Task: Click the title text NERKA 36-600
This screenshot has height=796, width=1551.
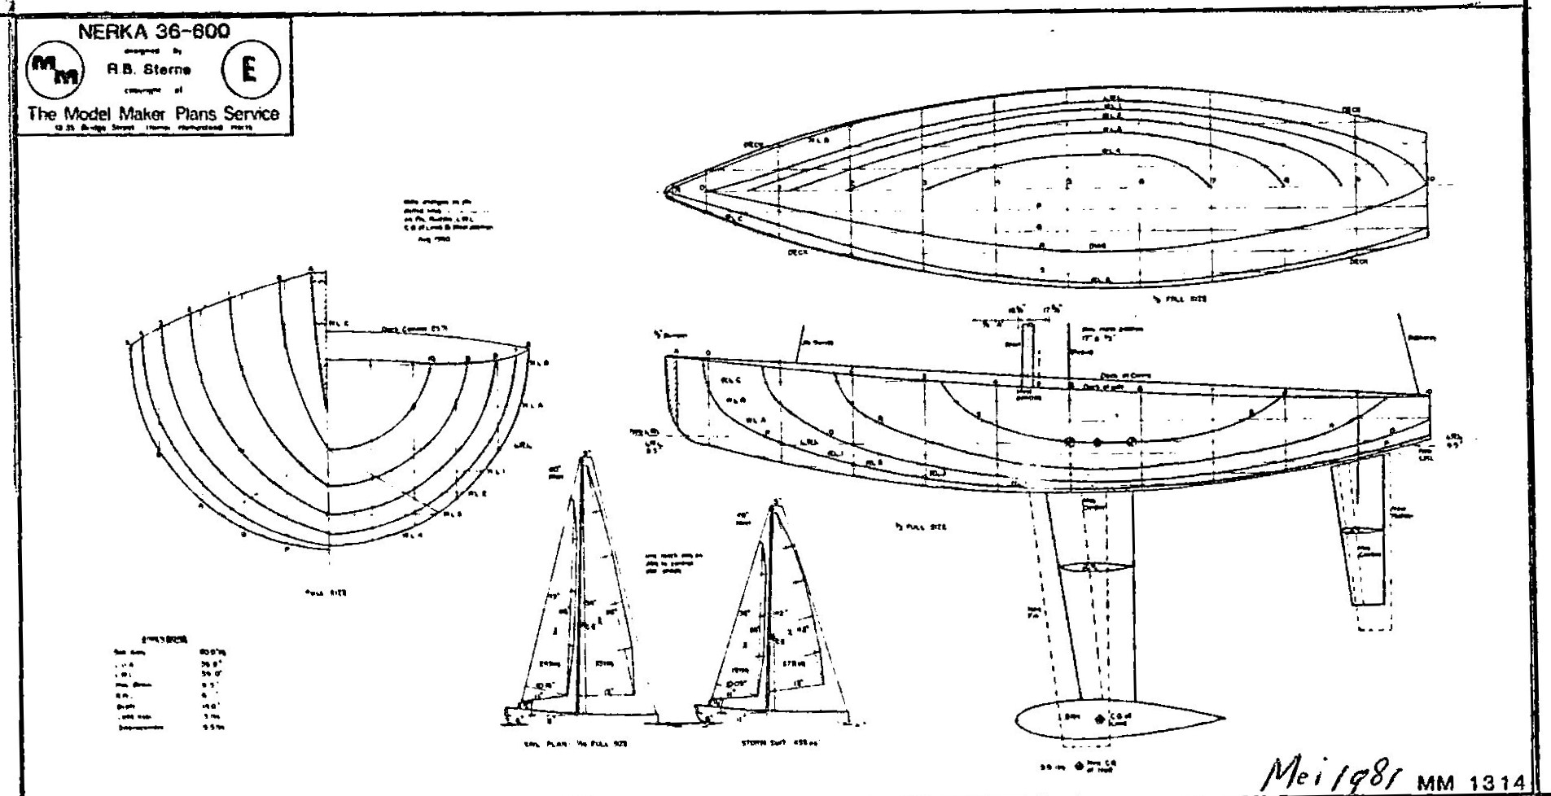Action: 153,32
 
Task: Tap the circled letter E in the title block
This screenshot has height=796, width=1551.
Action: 249,69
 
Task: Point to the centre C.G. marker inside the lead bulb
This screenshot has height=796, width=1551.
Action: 1099,719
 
